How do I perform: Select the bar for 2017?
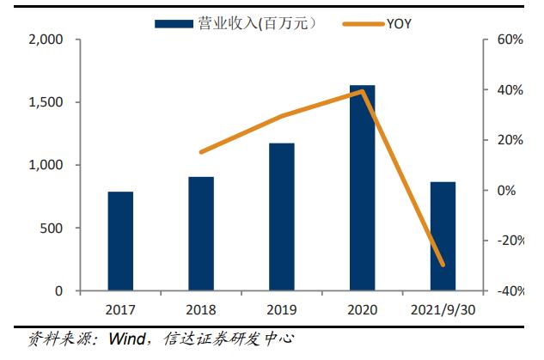[120, 241]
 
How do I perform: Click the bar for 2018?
[201, 234]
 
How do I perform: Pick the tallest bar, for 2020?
[362, 188]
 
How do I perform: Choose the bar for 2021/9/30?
[443, 236]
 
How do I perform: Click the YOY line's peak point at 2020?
[362, 90]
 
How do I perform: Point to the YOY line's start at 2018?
[201, 152]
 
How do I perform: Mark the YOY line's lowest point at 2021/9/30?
[443, 265]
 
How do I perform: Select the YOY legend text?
[399, 23]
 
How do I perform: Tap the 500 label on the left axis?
[52, 229]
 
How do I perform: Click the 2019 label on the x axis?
[281, 309]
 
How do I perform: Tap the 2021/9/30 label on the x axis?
[443, 309]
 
